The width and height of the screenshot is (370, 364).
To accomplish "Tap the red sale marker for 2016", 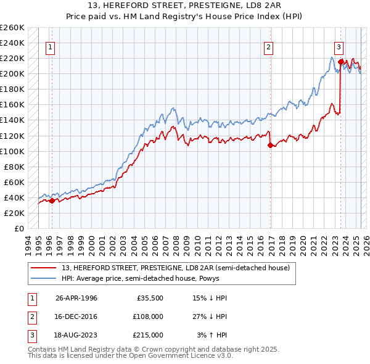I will (270, 146).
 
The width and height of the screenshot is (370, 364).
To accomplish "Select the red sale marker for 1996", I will (52, 201).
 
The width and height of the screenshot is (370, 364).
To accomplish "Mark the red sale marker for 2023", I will (340, 62).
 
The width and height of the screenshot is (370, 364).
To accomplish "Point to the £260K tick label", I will (12, 28).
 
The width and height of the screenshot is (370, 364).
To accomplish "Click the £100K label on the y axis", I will (12, 151).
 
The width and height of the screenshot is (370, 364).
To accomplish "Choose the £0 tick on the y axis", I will (18, 228).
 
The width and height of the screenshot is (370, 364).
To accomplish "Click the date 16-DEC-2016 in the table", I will (76, 316).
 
